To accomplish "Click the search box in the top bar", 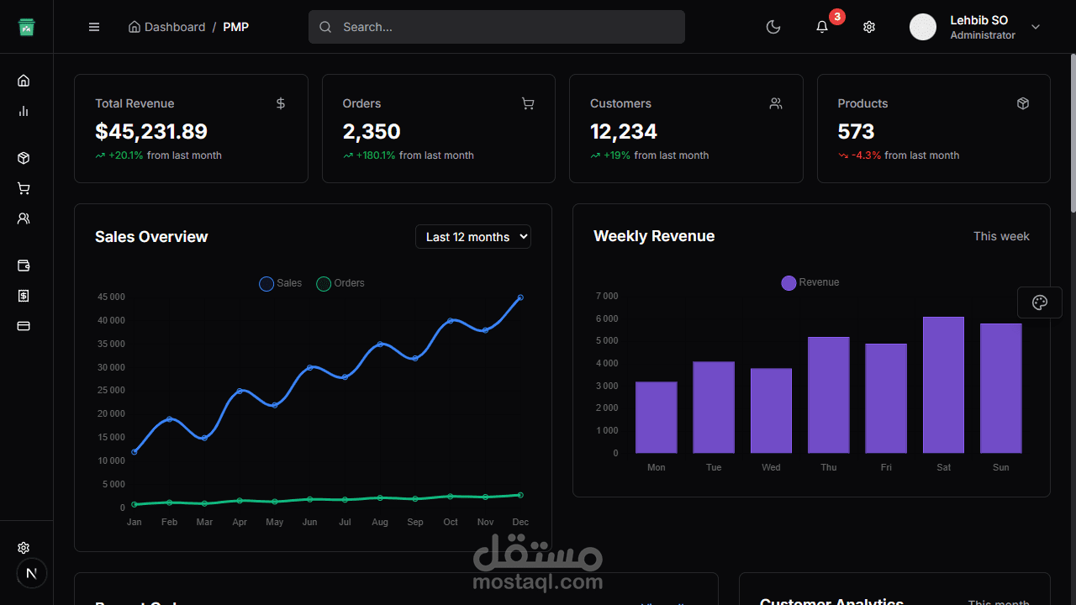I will pyautogui.click(x=496, y=27).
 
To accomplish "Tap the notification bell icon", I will pyautogui.click(x=822, y=27).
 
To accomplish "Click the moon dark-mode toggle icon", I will pyautogui.click(x=773, y=27).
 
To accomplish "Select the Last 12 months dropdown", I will pyautogui.click(x=473, y=237).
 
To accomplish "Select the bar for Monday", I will pyautogui.click(x=657, y=418).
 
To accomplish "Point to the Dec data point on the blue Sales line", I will pyautogui.click(x=520, y=297).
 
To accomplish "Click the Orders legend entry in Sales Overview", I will pyautogui.click(x=340, y=283).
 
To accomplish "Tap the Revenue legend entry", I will pyautogui.click(x=810, y=282).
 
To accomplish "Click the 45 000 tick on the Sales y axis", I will pyautogui.click(x=111, y=297).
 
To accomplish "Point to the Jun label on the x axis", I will pyautogui.click(x=309, y=522).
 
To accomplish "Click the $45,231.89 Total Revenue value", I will pyautogui.click(x=151, y=132).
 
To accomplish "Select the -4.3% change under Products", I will pyautogui.click(x=866, y=155).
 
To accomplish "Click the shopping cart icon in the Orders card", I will pyautogui.click(x=528, y=103).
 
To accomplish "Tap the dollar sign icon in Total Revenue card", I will pyautogui.click(x=281, y=103).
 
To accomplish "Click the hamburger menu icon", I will pyautogui.click(x=94, y=27).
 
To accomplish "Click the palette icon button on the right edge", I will pyautogui.click(x=1040, y=302).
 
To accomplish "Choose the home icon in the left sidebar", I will pyautogui.click(x=24, y=81).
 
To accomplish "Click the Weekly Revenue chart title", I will pyautogui.click(x=654, y=236).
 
